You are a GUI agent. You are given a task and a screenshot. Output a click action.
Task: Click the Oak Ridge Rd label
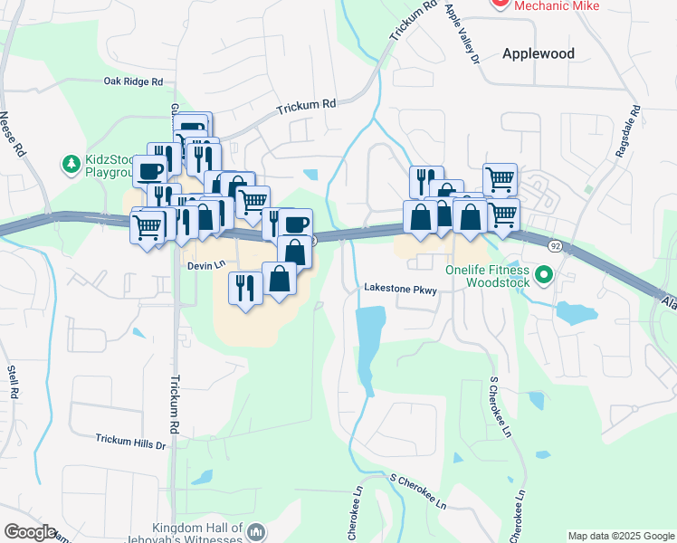click(x=133, y=81)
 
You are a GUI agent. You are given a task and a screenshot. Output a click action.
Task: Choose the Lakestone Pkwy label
click(x=401, y=290)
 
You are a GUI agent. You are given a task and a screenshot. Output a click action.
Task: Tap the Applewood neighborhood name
click(x=539, y=53)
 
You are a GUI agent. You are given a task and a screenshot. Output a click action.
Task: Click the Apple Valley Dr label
click(x=462, y=33)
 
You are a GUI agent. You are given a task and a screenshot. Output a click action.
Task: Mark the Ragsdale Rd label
click(x=627, y=132)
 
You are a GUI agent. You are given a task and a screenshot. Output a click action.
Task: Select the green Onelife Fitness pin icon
click(x=543, y=273)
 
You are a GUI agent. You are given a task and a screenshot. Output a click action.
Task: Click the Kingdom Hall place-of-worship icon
click(x=256, y=532)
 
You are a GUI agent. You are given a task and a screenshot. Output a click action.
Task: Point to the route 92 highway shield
click(x=554, y=245)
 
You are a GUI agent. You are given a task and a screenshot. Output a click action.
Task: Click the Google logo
click(x=30, y=532)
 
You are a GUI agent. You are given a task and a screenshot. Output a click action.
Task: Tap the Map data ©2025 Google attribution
click(x=621, y=536)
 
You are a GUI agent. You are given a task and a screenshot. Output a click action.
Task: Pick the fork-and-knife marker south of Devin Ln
click(x=243, y=288)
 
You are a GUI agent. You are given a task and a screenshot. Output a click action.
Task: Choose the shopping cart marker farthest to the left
click(x=148, y=225)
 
